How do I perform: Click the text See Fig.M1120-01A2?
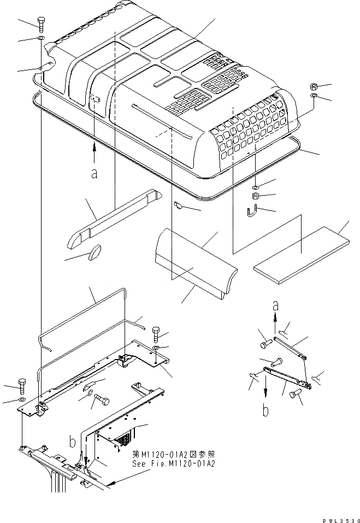tap(174, 463)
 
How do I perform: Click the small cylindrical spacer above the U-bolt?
tap(255, 196)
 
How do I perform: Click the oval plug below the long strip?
tap(95, 252)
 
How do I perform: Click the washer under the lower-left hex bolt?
tap(22, 400)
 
